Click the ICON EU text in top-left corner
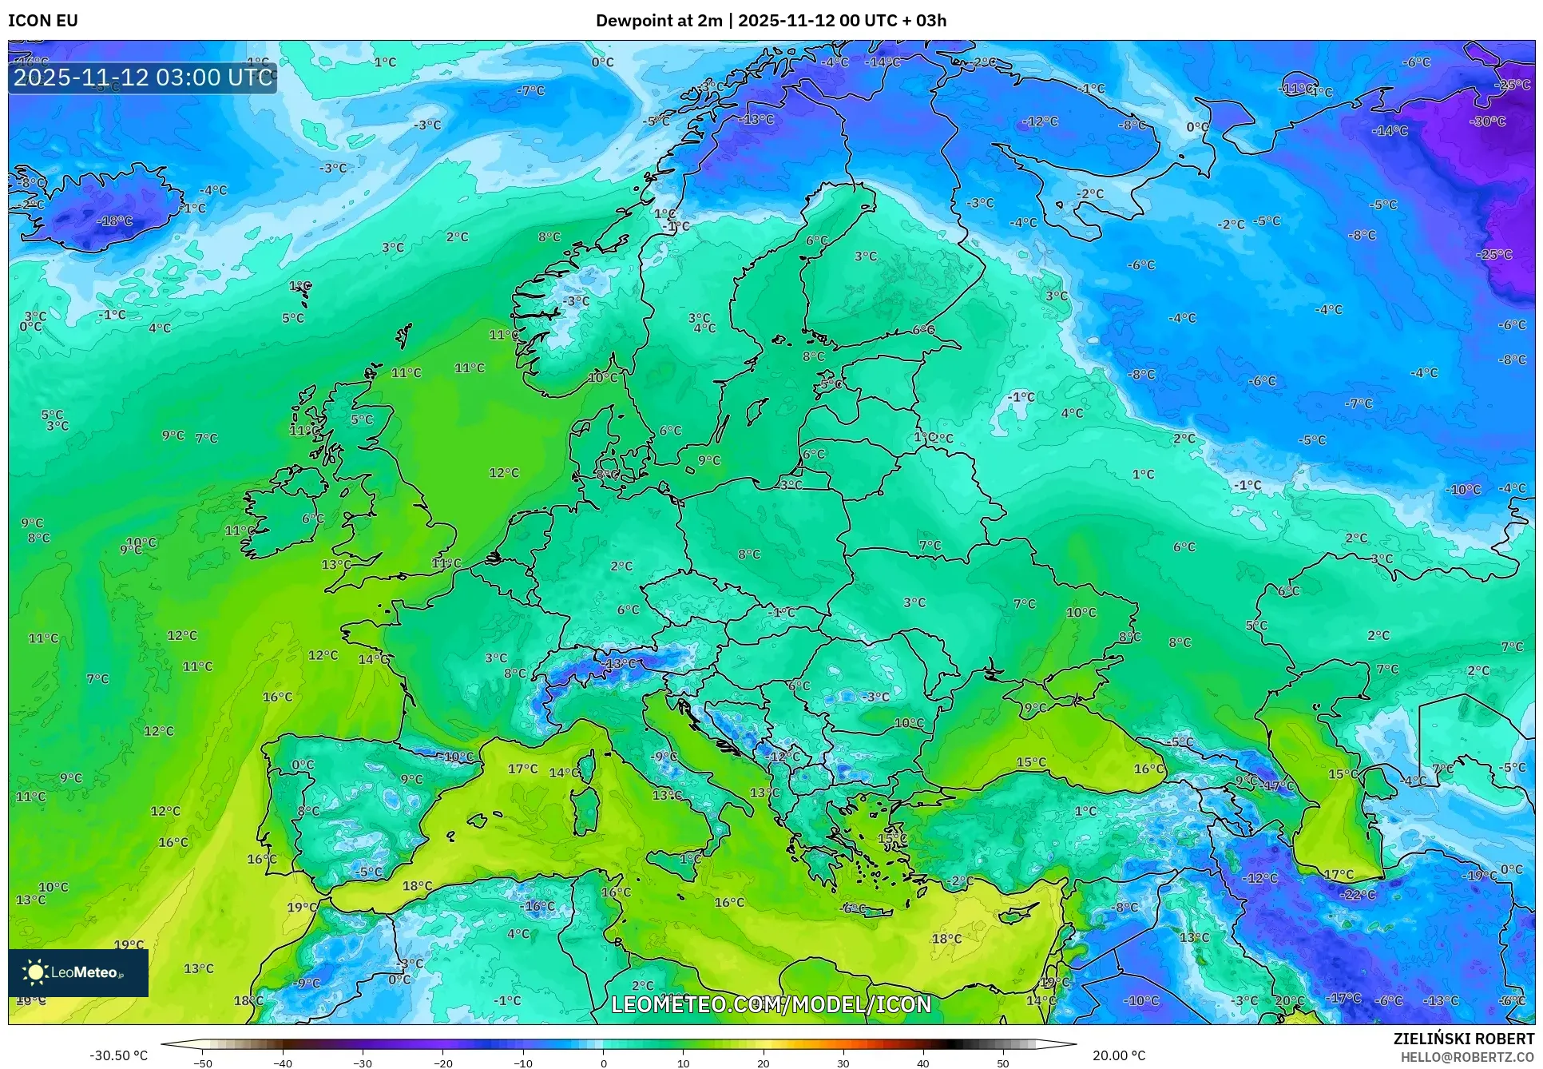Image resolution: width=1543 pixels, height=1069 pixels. [x=43, y=21]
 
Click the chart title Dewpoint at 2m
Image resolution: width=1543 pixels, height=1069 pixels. [x=659, y=21]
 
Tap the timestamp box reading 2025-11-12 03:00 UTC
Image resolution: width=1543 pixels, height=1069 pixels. [x=143, y=77]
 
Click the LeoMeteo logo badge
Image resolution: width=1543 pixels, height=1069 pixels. [x=78, y=972]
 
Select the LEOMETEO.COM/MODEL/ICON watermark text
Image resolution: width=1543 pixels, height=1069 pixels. [x=771, y=1004]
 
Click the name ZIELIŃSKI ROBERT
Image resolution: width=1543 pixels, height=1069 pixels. [x=1463, y=1039]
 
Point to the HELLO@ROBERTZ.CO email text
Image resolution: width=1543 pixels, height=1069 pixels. [x=1467, y=1057]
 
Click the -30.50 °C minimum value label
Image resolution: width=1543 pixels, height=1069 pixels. [x=118, y=1055]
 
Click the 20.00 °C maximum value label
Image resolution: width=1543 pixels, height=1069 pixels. [x=1119, y=1055]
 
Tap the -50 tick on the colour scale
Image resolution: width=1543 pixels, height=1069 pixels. [x=203, y=1063]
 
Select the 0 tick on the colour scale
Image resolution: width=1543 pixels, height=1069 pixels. [x=603, y=1063]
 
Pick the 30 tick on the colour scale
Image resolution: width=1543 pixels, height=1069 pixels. [x=843, y=1063]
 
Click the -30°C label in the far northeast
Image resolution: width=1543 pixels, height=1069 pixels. [x=1487, y=121]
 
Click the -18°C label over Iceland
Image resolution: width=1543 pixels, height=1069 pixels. [x=114, y=221]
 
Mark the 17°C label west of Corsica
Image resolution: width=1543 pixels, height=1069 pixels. [x=523, y=769]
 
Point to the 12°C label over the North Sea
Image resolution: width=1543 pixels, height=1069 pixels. [x=504, y=473]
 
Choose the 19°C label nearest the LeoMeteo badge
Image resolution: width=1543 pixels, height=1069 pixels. [x=129, y=944]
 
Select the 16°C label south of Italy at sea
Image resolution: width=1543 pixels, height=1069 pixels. [x=729, y=902]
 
